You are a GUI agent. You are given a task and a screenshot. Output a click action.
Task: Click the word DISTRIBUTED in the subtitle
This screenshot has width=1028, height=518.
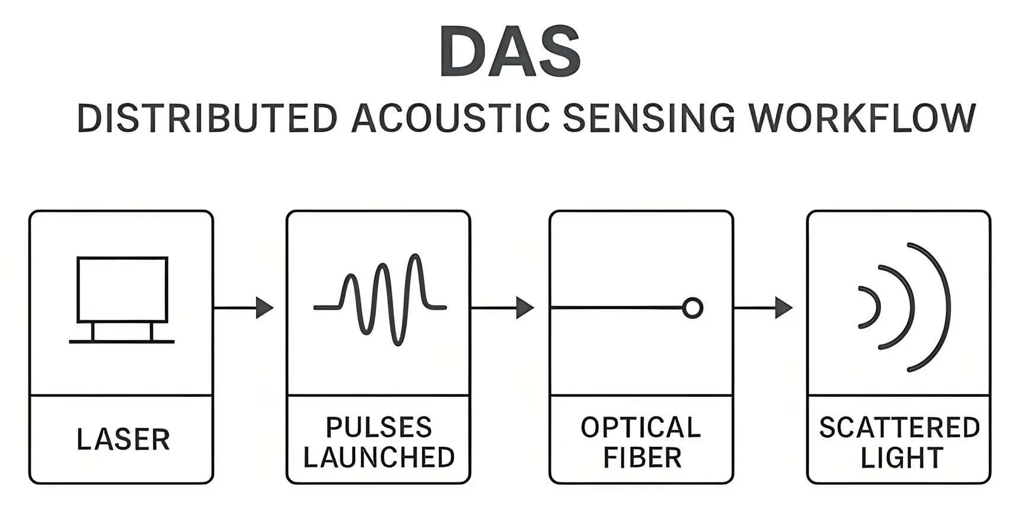207,118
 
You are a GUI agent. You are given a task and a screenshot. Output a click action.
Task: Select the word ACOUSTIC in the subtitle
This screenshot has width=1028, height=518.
451,118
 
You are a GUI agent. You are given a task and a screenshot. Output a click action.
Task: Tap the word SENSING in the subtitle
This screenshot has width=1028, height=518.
649,118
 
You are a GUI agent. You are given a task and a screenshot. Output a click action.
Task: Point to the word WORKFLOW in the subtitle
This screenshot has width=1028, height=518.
862,118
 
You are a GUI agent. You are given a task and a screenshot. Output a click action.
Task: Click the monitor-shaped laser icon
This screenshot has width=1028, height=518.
122,291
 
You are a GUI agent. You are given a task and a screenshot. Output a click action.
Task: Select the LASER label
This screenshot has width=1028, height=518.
123,440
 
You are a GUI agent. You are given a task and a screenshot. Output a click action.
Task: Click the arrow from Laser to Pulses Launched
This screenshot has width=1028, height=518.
244,307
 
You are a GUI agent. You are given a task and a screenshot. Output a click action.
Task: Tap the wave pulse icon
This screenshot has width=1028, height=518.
380,300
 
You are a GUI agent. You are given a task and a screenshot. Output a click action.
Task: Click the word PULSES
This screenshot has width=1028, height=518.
379,427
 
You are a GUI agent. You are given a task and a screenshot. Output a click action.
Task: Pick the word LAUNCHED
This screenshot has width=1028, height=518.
379,457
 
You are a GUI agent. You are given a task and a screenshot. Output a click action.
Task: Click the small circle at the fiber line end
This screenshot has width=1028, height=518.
692,308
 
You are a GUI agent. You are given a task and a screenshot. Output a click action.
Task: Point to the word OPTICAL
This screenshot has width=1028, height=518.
641,427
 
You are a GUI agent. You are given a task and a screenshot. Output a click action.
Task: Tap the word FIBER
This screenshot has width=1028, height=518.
642,457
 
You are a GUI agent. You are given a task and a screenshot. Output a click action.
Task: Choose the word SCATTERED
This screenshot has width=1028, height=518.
899,427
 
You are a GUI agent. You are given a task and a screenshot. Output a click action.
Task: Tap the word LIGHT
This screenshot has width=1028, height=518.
902,457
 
